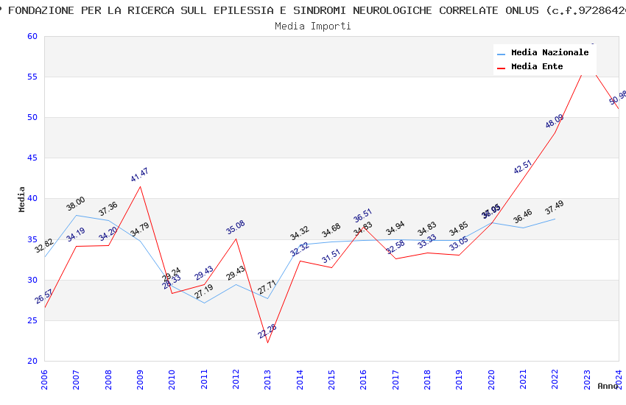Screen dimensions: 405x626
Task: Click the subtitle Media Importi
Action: [313, 26]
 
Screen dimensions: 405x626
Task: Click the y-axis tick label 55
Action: [32, 77]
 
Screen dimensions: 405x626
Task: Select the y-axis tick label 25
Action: [32, 320]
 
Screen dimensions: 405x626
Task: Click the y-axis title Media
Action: [22, 199]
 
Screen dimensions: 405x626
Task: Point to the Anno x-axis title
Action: [608, 386]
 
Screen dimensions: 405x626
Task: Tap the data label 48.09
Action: [555, 121]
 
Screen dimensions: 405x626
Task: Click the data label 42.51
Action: [523, 167]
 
